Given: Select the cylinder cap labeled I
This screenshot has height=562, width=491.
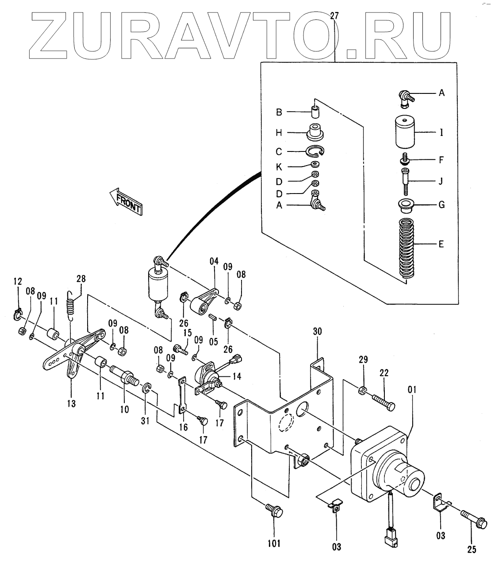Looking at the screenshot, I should point(404,132).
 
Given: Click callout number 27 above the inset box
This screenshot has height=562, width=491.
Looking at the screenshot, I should point(334,17).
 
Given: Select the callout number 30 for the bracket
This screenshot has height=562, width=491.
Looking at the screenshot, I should point(318,332).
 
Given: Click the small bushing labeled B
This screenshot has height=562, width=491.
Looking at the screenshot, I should point(315,110).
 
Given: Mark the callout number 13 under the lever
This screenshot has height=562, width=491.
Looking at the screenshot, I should point(71,403).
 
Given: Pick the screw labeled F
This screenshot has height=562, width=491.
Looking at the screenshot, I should point(405,159).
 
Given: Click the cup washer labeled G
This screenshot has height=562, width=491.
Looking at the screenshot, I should point(405,205).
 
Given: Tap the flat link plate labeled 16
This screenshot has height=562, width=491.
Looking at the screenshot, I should point(182,395).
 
